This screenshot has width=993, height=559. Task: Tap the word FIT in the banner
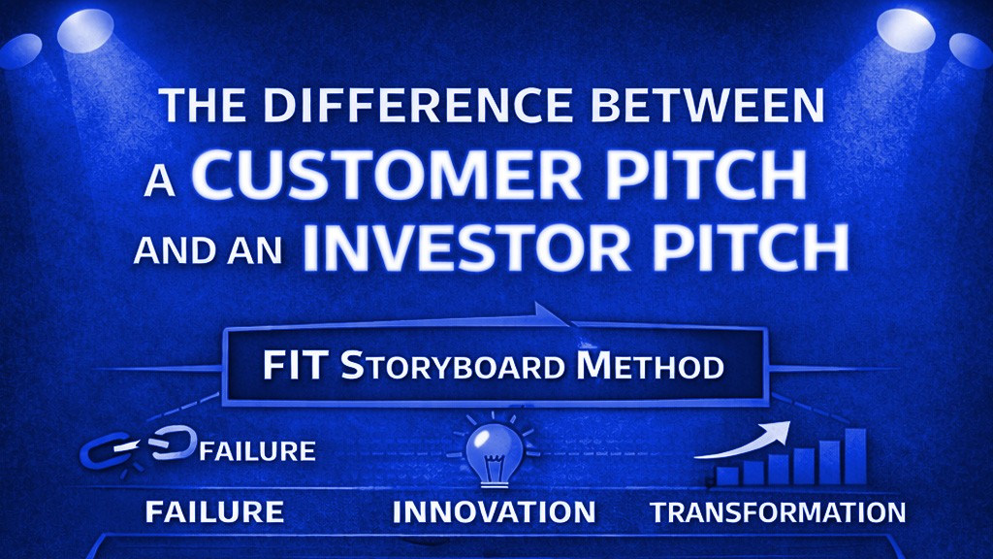297,367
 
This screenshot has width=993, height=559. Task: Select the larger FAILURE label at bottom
214,511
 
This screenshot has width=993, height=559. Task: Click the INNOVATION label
494,511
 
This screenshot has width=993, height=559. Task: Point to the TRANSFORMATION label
778,512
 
